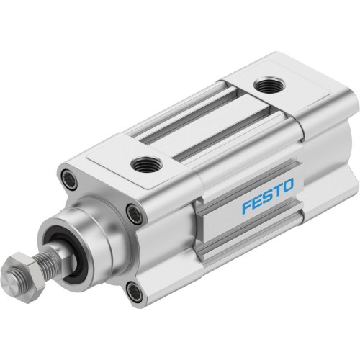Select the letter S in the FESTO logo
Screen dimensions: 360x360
tap(268, 198)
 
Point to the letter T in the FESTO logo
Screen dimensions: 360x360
tap(278, 192)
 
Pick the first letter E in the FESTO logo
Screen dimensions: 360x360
tap(258, 203)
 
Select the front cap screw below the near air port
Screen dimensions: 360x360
tap(133, 212)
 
